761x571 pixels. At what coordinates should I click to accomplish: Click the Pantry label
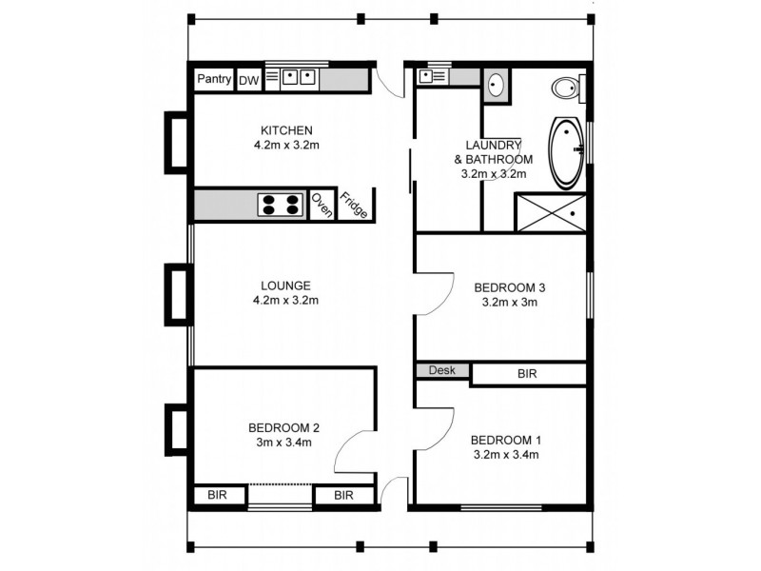pos(214,80)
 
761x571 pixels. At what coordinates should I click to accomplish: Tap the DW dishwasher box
pos(248,81)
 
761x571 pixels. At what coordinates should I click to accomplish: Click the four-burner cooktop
pos(281,204)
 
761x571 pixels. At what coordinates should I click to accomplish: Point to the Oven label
pos(322,205)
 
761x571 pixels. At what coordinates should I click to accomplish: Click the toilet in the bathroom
pos(567,89)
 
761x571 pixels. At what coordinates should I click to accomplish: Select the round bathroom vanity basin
pos(496,86)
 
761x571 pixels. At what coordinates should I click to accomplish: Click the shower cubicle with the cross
pos(549,211)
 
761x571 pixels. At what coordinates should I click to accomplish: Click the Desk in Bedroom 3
pos(442,370)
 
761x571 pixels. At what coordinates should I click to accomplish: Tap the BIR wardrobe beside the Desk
pos(527,374)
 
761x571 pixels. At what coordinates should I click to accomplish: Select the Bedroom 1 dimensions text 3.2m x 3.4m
pos(505,455)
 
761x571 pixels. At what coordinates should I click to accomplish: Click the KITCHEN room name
pos(286,130)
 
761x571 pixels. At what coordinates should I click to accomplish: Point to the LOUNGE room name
pos(286,285)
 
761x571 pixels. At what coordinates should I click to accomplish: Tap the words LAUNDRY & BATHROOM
pos(494,151)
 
